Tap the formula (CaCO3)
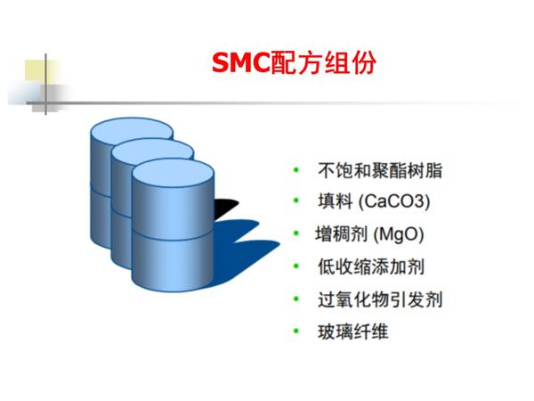[x=392, y=203]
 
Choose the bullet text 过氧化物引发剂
[x=379, y=299]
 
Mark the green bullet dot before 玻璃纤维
[x=296, y=331]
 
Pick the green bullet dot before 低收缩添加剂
[x=296, y=267]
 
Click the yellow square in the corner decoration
[x=39, y=73]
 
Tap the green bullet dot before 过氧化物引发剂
[x=296, y=299]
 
